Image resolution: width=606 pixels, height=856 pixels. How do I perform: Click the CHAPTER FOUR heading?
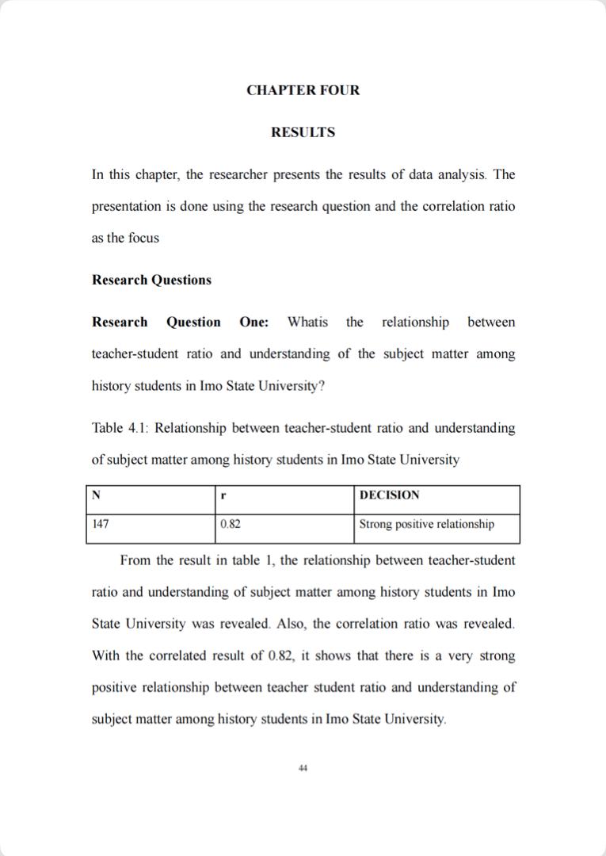point(303,90)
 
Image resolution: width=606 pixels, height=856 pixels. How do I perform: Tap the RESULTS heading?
point(303,132)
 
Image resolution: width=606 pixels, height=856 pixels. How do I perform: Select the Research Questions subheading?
point(151,280)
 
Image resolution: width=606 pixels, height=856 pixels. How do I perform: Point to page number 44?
point(303,767)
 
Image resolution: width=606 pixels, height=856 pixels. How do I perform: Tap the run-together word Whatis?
point(307,322)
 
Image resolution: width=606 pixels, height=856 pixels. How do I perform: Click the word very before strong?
point(459,656)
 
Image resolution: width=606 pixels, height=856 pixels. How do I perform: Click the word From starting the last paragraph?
point(135,560)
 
